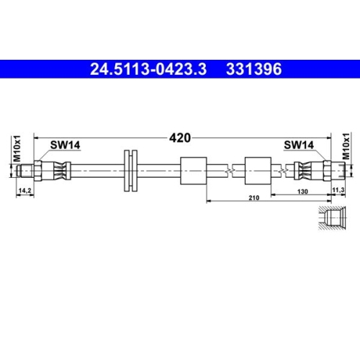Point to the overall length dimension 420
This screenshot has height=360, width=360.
pyautogui.click(x=180, y=137)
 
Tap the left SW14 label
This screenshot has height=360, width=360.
pyautogui.click(x=65, y=145)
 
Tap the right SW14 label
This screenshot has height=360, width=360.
pyautogui.click(x=299, y=145)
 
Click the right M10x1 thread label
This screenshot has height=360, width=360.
pyautogui.click(x=345, y=148)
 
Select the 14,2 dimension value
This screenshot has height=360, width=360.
pyautogui.click(x=24, y=190)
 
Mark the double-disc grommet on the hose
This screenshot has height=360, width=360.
pyautogui.click(x=131, y=171)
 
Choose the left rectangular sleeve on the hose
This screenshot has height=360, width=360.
pyautogui.click(x=193, y=171)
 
